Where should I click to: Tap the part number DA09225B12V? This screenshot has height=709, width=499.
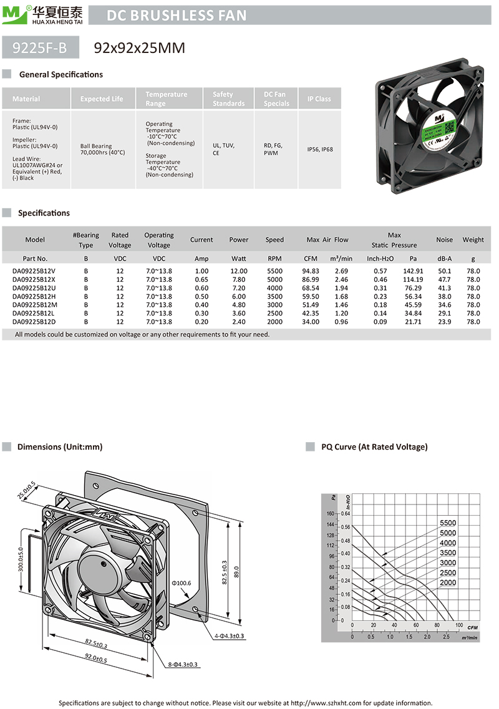pos(34,271)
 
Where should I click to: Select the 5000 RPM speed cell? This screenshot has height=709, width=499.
pos(274,280)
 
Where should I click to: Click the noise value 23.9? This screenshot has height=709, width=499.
pos(444,322)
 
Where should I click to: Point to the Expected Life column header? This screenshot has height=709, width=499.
pos(102,99)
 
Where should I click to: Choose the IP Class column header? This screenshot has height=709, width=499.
pos(319,99)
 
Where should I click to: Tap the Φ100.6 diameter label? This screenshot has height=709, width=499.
pos(181,583)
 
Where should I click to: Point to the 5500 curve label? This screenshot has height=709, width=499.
pos(448,523)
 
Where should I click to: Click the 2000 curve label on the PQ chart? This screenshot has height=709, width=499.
pos(448,582)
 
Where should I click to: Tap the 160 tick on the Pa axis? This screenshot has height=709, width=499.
pos(331,513)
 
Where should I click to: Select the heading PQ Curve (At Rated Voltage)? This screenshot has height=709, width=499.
pos(374,446)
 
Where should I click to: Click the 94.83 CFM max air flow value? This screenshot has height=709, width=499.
pos(311,271)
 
